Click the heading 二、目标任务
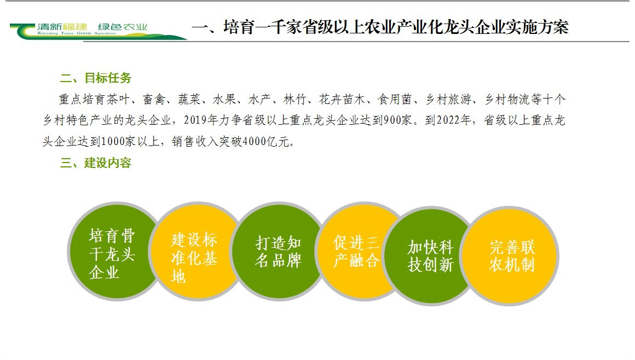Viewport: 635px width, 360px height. pyautogui.click(x=96, y=78)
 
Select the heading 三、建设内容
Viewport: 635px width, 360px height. pyautogui.click(x=96, y=163)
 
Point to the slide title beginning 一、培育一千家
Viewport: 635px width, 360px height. pyautogui.click(x=380, y=27)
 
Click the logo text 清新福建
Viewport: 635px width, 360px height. pyautogui.click(x=62, y=27)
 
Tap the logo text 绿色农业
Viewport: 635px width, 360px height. pyautogui.click(x=123, y=27)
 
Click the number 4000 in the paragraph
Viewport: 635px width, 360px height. pyautogui.click(x=253, y=141)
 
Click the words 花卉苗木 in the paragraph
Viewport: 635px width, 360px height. pyautogui.click(x=342, y=99)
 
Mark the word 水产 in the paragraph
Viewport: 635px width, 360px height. pyautogui.click(x=259, y=99)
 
